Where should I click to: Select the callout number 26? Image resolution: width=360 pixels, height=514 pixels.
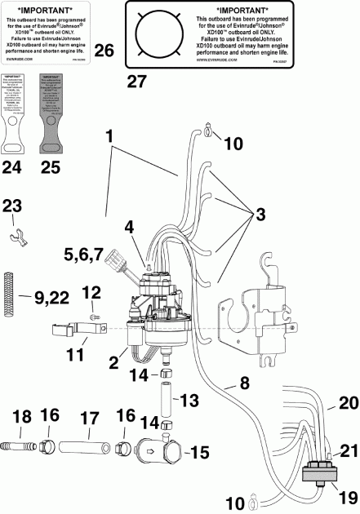tap(104, 51)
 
